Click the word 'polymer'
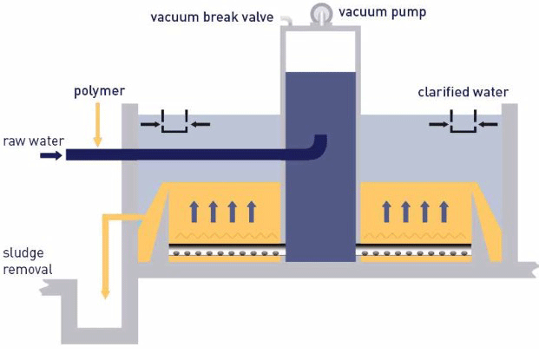[x=99, y=90]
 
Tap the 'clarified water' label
[x=463, y=92]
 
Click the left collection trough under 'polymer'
[x=174, y=127]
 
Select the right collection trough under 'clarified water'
[x=463, y=127]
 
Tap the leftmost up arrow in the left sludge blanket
[x=194, y=210]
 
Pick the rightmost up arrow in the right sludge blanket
[x=444, y=210]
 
